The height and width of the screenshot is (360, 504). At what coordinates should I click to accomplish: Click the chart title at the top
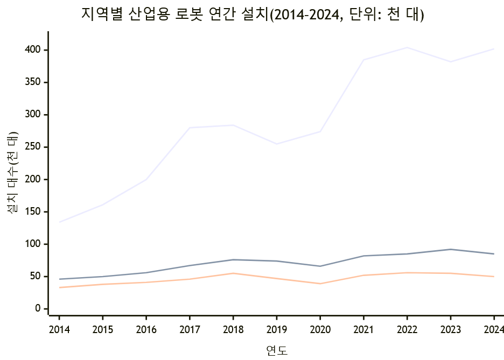[x=253, y=15]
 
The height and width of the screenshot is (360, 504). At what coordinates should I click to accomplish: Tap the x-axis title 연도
[x=277, y=351]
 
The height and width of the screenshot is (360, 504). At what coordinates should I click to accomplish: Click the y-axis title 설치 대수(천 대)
[x=13, y=173]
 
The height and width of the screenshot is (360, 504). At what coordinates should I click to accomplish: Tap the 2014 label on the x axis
[x=59, y=329]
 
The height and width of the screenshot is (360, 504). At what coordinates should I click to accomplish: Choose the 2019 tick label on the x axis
[x=277, y=329]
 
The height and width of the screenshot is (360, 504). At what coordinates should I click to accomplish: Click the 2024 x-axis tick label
[x=494, y=329]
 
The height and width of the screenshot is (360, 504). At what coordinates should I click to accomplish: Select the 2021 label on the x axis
[x=363, y=329]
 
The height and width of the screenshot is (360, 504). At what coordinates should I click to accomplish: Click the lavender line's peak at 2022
[x=407, y=47]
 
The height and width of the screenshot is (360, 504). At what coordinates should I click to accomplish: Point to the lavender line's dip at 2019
[x=277, y=144]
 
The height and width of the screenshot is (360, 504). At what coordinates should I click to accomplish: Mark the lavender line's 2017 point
[x=190, y=128]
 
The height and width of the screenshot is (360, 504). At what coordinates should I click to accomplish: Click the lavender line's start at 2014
[x=59, y=222]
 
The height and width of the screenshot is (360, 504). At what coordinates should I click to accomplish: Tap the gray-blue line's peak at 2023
[x=451, y=249]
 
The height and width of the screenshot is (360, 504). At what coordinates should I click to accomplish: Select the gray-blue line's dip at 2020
[x=320, y=266]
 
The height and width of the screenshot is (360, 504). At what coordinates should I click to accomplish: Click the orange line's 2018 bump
[x=233, y=273]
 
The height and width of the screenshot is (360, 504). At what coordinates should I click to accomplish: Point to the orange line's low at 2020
[x=320, y=284]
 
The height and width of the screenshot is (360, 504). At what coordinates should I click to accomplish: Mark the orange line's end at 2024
[x=494, y=277]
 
